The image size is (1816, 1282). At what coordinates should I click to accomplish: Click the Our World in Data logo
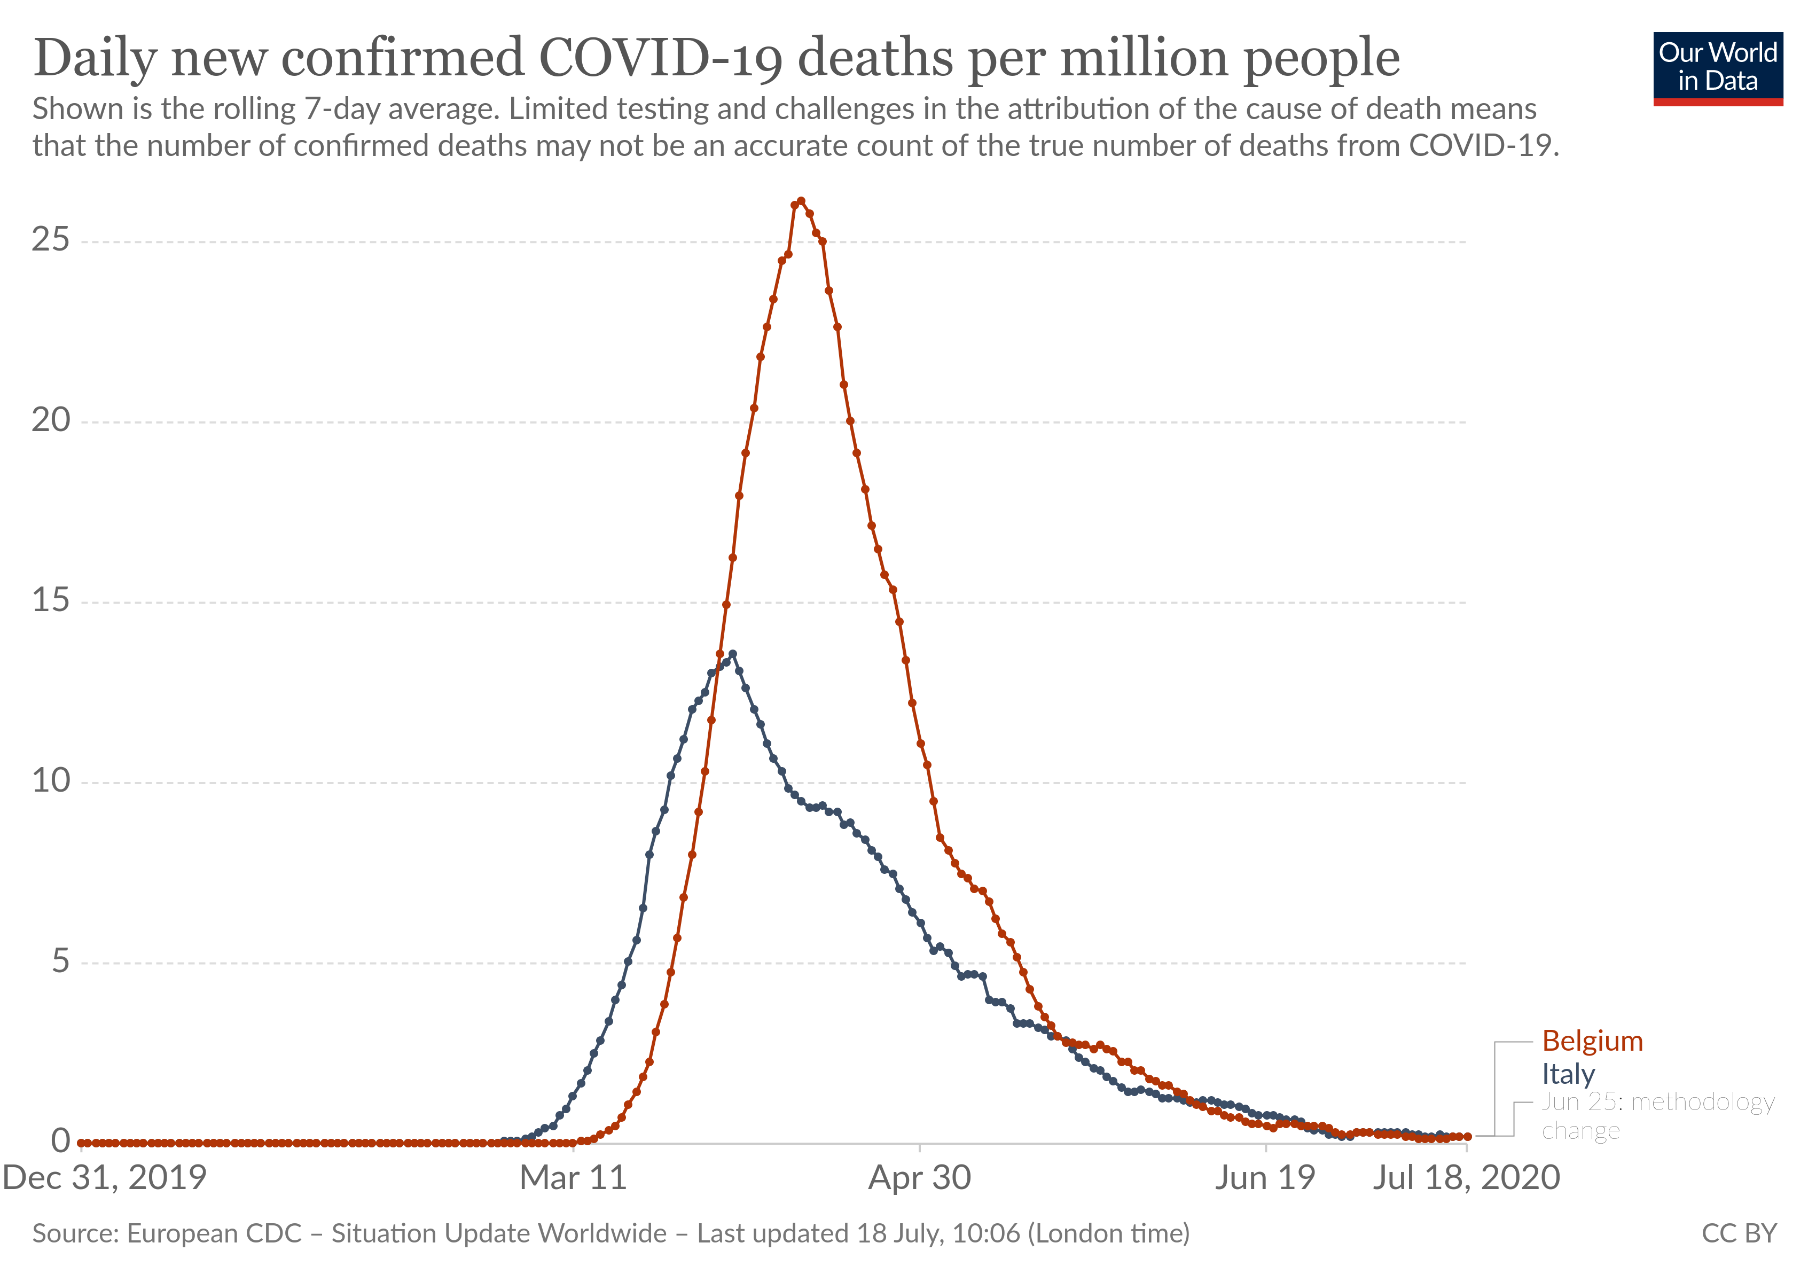coord(1717,68)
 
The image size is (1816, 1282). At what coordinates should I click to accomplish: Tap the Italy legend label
coord(1568,1074)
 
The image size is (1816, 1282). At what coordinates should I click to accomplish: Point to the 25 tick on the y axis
coord(51,240)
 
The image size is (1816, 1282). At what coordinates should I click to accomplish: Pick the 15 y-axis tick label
coord(51,600)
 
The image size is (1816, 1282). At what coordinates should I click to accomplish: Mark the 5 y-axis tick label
coord(60,961)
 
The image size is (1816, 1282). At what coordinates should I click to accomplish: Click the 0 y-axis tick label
coord(60,1141)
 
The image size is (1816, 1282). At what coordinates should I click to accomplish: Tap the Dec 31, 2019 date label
coord(104,1178)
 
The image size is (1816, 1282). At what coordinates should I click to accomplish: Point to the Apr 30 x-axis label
coord(919,1178)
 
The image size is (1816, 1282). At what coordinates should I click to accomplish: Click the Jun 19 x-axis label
coord(1265,1178)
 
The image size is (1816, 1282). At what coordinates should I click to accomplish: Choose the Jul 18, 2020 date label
coord(1466,1178)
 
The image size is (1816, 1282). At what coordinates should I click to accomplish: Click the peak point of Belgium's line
coord(801,201)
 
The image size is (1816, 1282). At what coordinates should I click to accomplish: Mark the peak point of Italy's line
coord(732,654)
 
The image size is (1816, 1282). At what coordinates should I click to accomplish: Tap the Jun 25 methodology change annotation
coord(1657,1116)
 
